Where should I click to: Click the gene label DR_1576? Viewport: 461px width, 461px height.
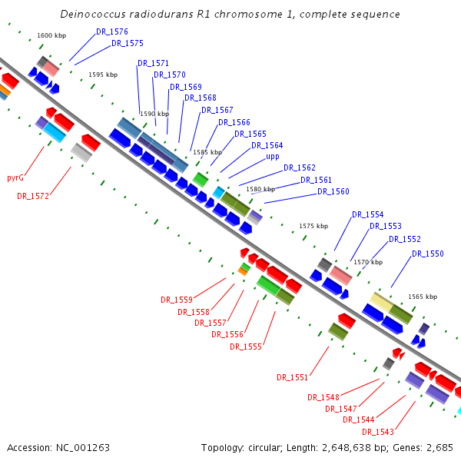tap(112, 32)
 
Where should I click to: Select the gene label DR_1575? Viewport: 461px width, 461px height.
tap(128, 43)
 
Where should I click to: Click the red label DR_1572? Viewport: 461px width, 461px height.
tap(33, 196)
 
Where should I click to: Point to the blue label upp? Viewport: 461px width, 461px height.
tap(273, 156)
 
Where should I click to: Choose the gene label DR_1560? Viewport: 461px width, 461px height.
tap(333, 191)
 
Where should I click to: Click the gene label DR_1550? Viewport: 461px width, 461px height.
tap(428, 253)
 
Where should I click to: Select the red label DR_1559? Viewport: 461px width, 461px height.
tap(177, 300)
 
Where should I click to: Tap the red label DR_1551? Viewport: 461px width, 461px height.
tap(293, 377)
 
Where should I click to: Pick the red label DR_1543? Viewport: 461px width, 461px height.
tap(378, 432)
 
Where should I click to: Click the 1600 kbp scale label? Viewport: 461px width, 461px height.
tap(51, 36)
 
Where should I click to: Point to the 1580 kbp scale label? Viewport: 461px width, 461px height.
tap(260, 189)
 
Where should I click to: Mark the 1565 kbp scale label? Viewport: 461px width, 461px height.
tap(423, 297)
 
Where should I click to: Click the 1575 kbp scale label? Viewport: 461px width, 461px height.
tap(313, 226)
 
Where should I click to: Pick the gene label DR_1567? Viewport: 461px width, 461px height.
tap(217, 110)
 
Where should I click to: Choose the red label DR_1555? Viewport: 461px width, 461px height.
tap(246, 347)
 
